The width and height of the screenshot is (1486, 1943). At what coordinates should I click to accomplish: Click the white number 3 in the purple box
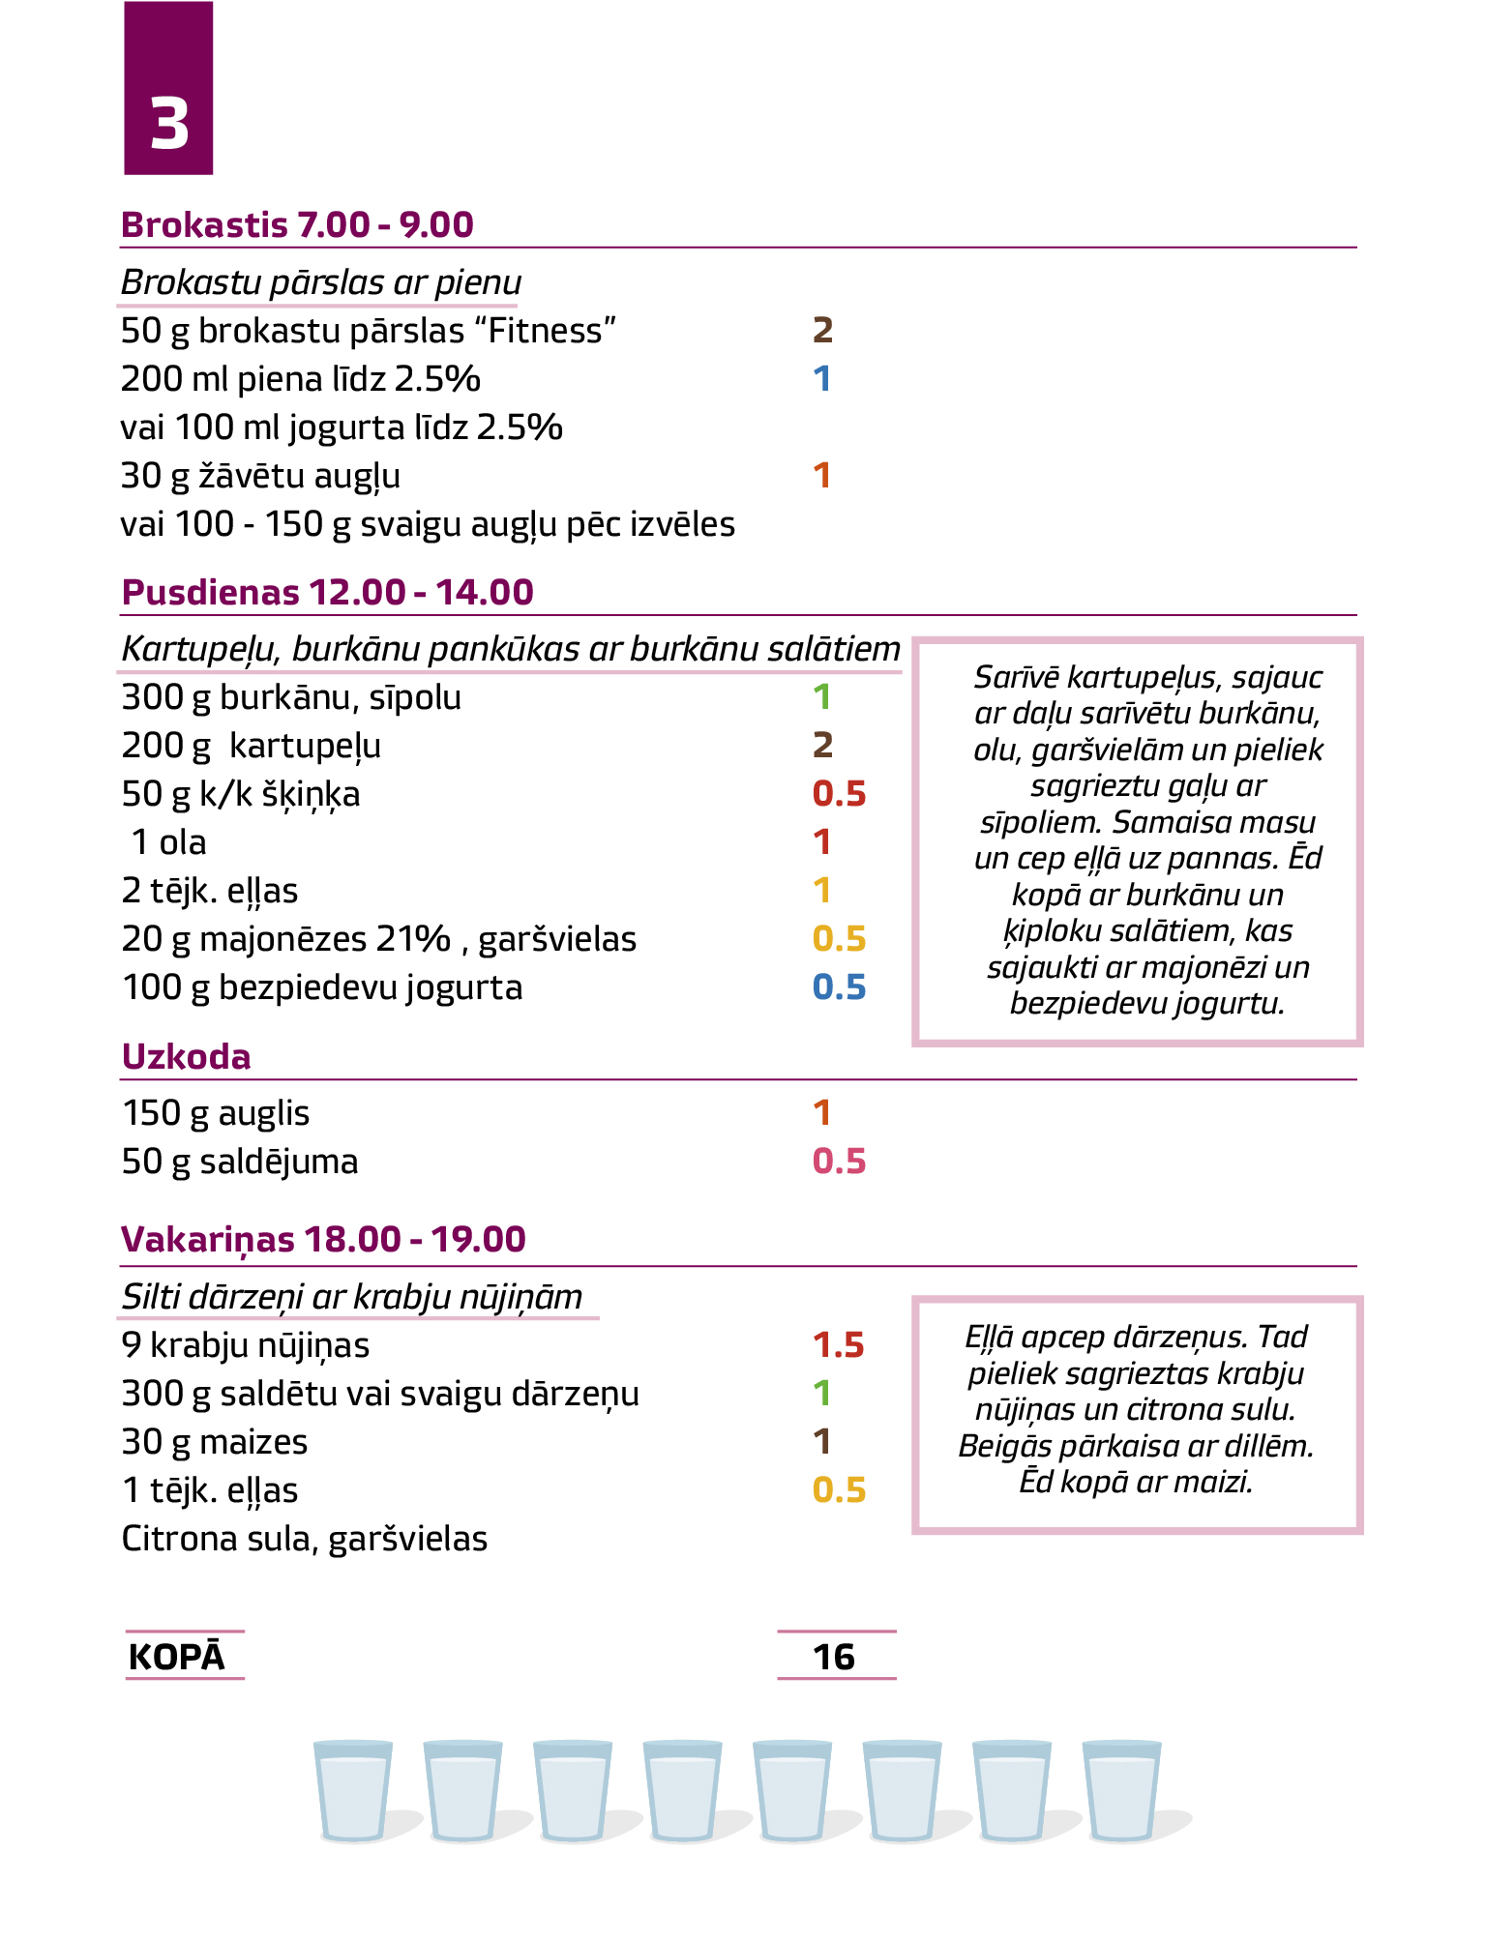pyautogui.click(x=169, y=125)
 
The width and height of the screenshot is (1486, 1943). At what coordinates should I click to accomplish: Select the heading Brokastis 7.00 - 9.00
pyautogui.click(x=297, y=224)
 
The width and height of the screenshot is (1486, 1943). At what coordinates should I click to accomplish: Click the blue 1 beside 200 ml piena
pyautogui.click(x=822, y=379)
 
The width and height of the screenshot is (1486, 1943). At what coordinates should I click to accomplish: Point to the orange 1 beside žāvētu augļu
pyautogui.click(x=822, y=476)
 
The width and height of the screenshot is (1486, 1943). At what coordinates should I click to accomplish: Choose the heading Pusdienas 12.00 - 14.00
pyautogui.click(x=327, y=592)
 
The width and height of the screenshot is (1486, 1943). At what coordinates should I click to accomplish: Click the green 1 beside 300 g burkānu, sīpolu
pyautogui.click(x=822, y=697)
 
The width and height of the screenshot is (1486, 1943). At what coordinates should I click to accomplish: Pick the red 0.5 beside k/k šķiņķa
pyautogui.click(x=839, y=794)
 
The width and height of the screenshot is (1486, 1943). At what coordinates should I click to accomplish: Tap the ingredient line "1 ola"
pyautogui.click(x=168, y=842)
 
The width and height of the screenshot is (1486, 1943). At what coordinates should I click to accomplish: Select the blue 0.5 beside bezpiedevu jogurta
pyautogui.click(x=839, y=987)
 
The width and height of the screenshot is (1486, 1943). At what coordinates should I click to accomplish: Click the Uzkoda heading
pyautogui.click(x=186, y=1056)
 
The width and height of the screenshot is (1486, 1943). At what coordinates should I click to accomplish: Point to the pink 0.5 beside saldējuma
pyautogui.click(x=839, y=1162)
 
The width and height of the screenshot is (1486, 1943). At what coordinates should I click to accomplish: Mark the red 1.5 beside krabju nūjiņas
pyautogui.click(x=838, y=1345)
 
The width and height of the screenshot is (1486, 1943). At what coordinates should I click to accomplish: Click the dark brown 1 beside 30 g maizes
pyautogui.click(x=822, y=1442)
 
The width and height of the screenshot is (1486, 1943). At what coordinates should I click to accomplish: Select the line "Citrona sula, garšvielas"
pyautogui.click(x=304, y=1539)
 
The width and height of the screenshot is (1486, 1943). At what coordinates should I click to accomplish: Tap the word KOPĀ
pyautogui.click(x=176, y=1657)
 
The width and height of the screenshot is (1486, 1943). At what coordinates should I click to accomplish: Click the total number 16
pyautogui.click(x=834, y=1657)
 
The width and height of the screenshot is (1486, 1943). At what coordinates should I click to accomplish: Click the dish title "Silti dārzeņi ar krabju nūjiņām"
pyautogui.click(x=352, y=1297)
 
